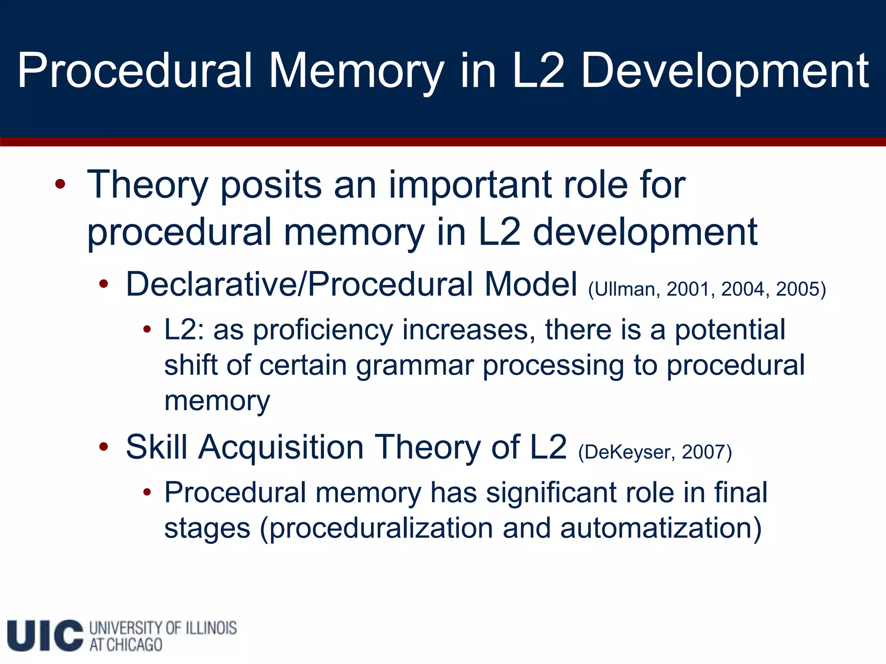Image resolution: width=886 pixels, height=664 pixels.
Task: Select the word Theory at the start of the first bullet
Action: click(x=148, y=185)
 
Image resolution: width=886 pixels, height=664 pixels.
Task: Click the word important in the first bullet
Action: click(x=470, y=185)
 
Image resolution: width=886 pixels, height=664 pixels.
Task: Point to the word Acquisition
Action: click(x=281, y=447)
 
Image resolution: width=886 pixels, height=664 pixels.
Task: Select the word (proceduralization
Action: click(x=376, y=528)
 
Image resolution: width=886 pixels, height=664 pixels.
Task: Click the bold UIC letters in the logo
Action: click(x=45, y=635)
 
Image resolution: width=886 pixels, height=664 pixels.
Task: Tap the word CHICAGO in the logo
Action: click(x=134, y=645)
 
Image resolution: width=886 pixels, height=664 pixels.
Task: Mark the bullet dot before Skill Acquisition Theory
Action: click(x=103, y=447)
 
